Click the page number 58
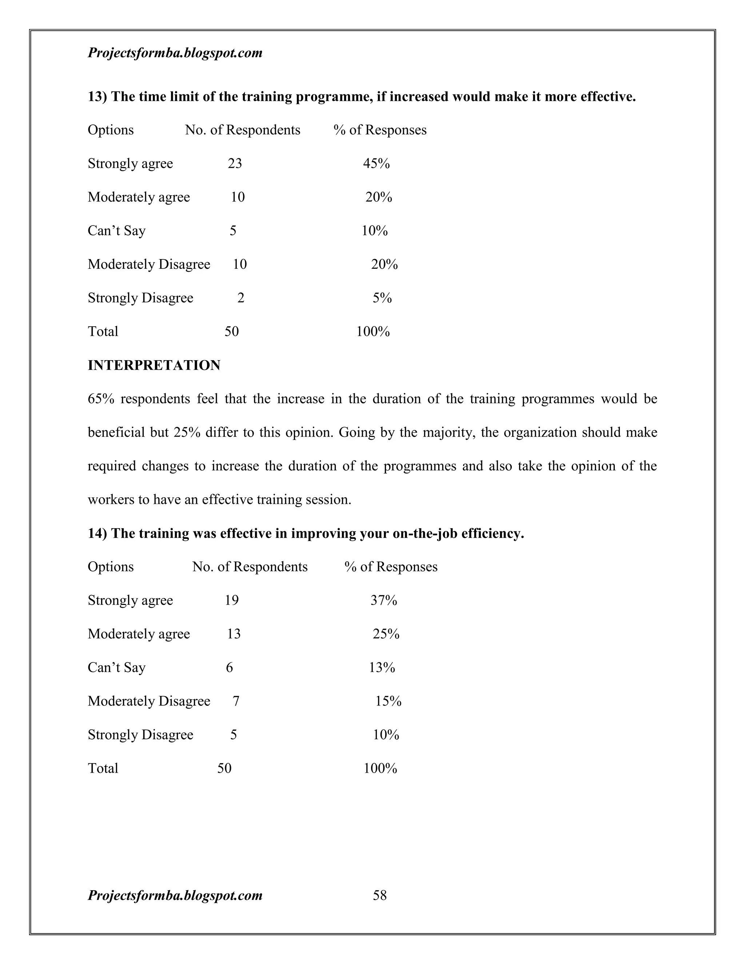pos(379,895)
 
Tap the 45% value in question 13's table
pos(376,163)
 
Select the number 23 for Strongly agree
pos(235,163)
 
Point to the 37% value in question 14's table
pos(383,600)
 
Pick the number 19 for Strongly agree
pos(232,600)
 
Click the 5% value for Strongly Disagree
pos(382,298)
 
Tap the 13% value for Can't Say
pos(382,668)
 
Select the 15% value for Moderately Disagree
pos(389,701)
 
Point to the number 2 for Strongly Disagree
pos(240,298)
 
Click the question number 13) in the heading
pos(97,96)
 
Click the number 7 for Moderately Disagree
pos(236,701)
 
